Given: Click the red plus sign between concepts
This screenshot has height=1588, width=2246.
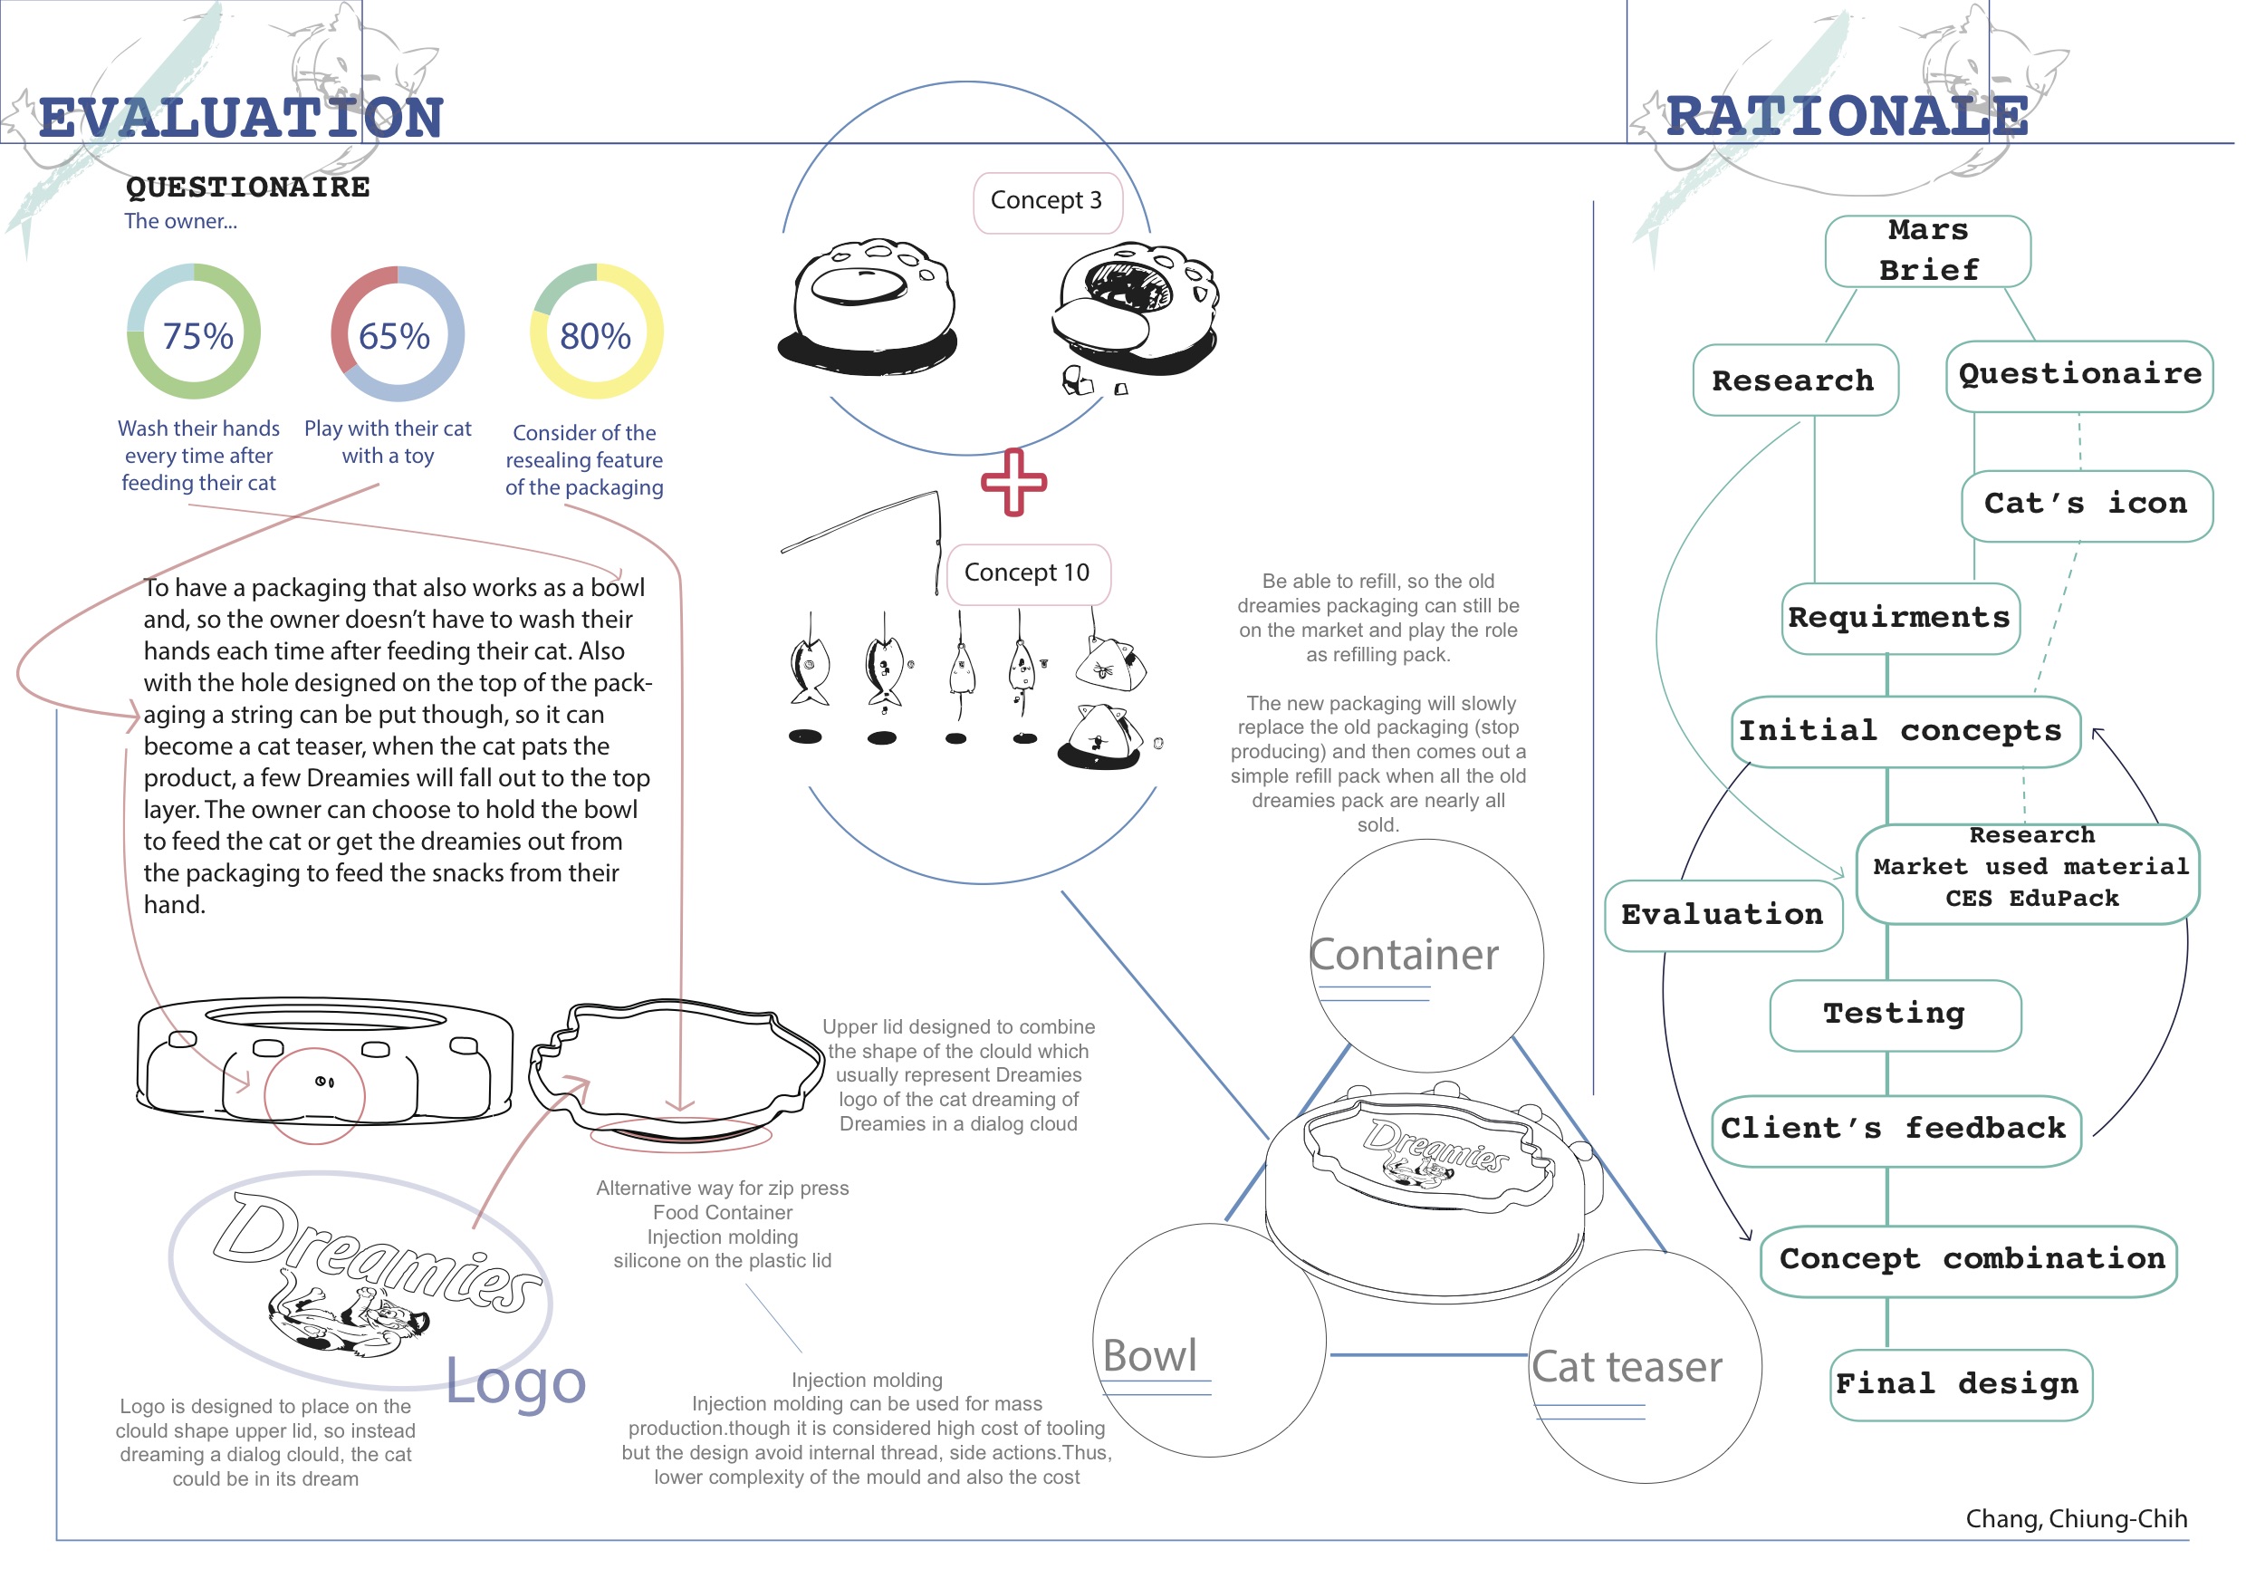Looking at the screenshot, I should [x=1013, y=481].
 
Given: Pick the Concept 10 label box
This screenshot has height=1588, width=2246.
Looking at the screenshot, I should [x=1027, y=573].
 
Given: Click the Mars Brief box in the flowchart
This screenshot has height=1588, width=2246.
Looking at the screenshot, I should [x=1927, y=251].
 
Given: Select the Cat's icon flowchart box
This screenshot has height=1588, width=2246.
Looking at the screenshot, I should [x=2086, y=504].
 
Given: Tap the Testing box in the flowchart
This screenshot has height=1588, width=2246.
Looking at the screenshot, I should [x=1894, y=1014].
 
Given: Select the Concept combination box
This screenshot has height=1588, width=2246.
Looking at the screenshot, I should [x=1971, y=1259].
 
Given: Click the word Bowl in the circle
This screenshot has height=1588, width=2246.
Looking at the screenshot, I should [x=1149, y=1356].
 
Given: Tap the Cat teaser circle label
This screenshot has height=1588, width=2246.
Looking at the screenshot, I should [x=1626, y=1367].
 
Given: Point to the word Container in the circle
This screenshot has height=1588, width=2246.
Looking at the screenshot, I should [x=1404, y=955].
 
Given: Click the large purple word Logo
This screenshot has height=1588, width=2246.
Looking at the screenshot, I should [x=515, y=1381].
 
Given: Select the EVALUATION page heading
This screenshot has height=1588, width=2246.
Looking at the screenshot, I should [x=241, y=118].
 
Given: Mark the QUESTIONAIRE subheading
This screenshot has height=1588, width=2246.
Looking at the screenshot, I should [x=247, y=187].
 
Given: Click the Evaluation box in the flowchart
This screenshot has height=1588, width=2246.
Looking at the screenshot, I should [x=1723, y=915].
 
